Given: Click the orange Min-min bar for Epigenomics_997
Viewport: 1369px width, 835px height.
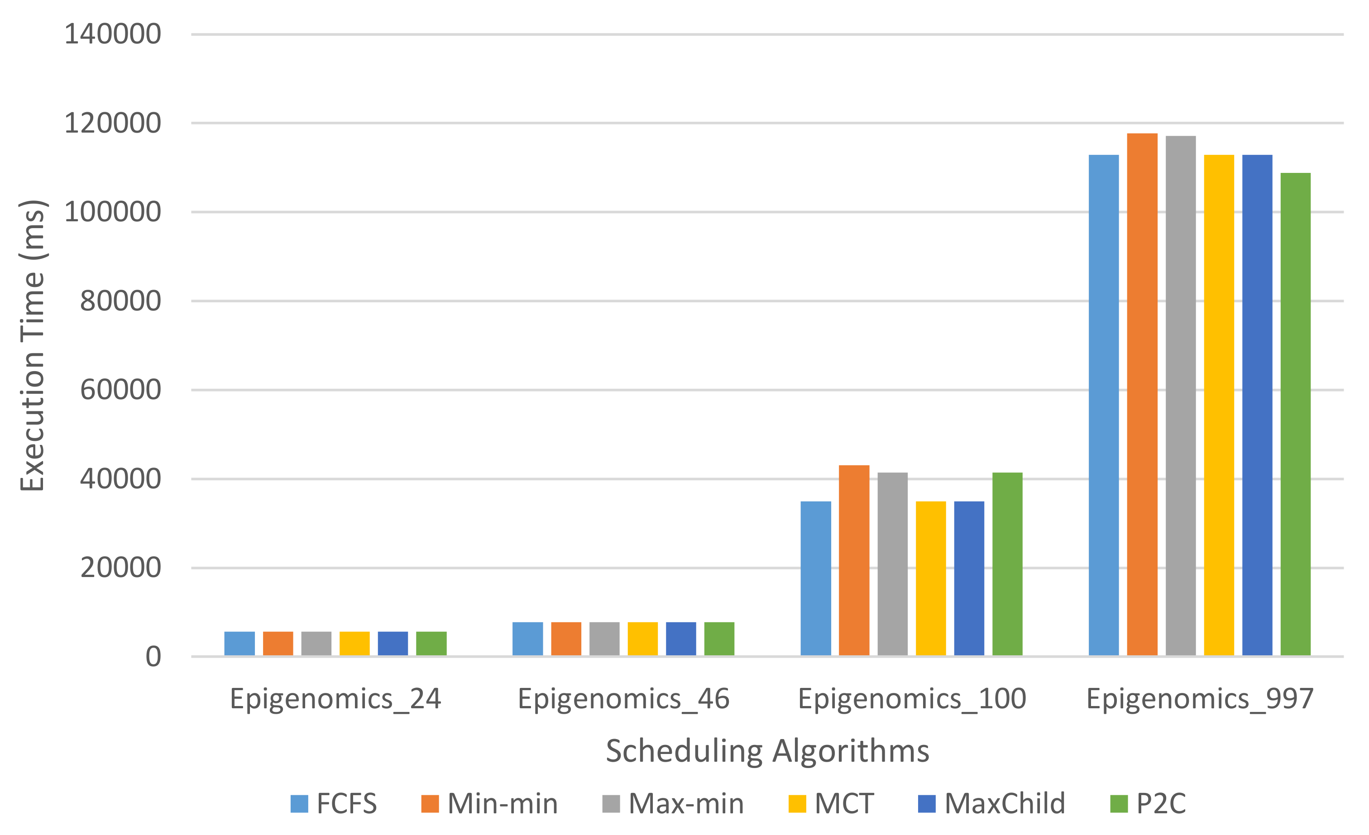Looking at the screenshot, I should (x=1142, y=395).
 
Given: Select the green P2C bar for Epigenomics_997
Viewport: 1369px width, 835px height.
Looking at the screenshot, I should (x=1295, y=414).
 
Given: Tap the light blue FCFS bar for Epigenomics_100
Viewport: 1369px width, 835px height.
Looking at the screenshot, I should (x=816, y=578).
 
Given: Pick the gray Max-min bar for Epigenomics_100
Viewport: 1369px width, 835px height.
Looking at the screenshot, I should (x=892, y=564).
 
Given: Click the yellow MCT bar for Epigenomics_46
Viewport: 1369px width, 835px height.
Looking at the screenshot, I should (x=642, y=639).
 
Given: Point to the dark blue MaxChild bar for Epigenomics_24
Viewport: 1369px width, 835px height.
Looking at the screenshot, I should (x=393, y=643).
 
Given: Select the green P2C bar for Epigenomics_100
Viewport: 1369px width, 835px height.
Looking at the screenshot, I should (x=1007, y=564).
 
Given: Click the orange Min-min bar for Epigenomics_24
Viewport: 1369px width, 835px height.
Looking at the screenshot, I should (x=278, y=643).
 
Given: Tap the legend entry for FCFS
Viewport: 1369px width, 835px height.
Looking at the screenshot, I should (x=333, y=803).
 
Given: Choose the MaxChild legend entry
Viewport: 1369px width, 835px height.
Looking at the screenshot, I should (x=992, y=803).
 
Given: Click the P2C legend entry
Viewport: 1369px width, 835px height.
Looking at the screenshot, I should (x=1148, y=803).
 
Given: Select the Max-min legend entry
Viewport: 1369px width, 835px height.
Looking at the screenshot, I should (x=673, y=803).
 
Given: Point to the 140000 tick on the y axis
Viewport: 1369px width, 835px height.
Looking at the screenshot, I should (x=113, y=34).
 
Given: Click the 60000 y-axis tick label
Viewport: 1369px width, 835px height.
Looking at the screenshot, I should (x=120, y=390).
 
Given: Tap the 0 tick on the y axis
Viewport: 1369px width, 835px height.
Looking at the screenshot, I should (x=153, y=657).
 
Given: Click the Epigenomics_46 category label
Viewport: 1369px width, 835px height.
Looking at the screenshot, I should (x=623, y=699).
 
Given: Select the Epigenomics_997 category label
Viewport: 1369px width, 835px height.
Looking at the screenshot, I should (x=1200, y=699).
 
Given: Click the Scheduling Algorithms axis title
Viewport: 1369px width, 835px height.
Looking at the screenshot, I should (x=767, y=751).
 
